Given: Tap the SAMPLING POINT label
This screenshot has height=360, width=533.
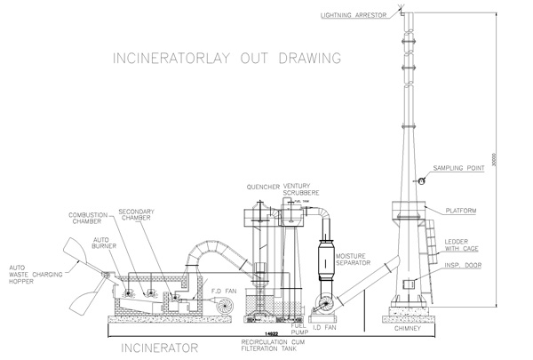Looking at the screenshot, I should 459,168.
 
